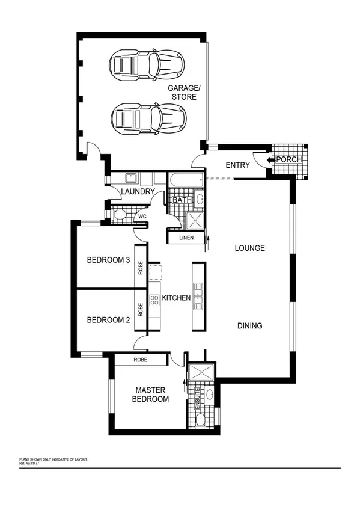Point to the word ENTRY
coord(237,165)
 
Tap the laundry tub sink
coord(129,178)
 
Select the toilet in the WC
coord(119,214)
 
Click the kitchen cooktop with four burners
coord(154,299)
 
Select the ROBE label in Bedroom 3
coord(141,266)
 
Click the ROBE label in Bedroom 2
coord(141,310)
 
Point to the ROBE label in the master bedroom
coord(141,360)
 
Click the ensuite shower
coord(199,372)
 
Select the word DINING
coord(249,326)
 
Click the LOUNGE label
coord(249,248)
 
